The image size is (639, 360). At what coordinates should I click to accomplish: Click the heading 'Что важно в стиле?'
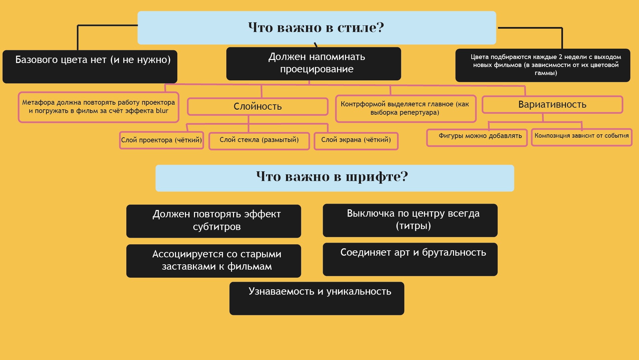tap(316, 28)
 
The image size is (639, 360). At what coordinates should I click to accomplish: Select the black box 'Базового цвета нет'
tap(90, 66)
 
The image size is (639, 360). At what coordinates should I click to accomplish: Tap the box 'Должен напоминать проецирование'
tap(313, 63)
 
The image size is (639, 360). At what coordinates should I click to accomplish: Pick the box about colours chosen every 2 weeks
tap(542, 65)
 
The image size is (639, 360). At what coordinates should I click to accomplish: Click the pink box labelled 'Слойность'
tap(258, 107)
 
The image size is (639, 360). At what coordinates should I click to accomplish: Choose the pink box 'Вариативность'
tap(552, 105)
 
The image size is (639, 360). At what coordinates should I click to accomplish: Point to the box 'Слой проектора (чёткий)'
tap(161, 140)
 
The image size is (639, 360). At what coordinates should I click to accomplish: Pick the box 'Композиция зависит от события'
tap(581, 137)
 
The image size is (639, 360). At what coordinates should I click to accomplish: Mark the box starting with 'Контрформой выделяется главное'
tap(405, 109)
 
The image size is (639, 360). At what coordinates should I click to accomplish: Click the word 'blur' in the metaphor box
tap(162, 111)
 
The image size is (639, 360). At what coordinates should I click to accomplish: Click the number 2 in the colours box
tap(561, 57)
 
